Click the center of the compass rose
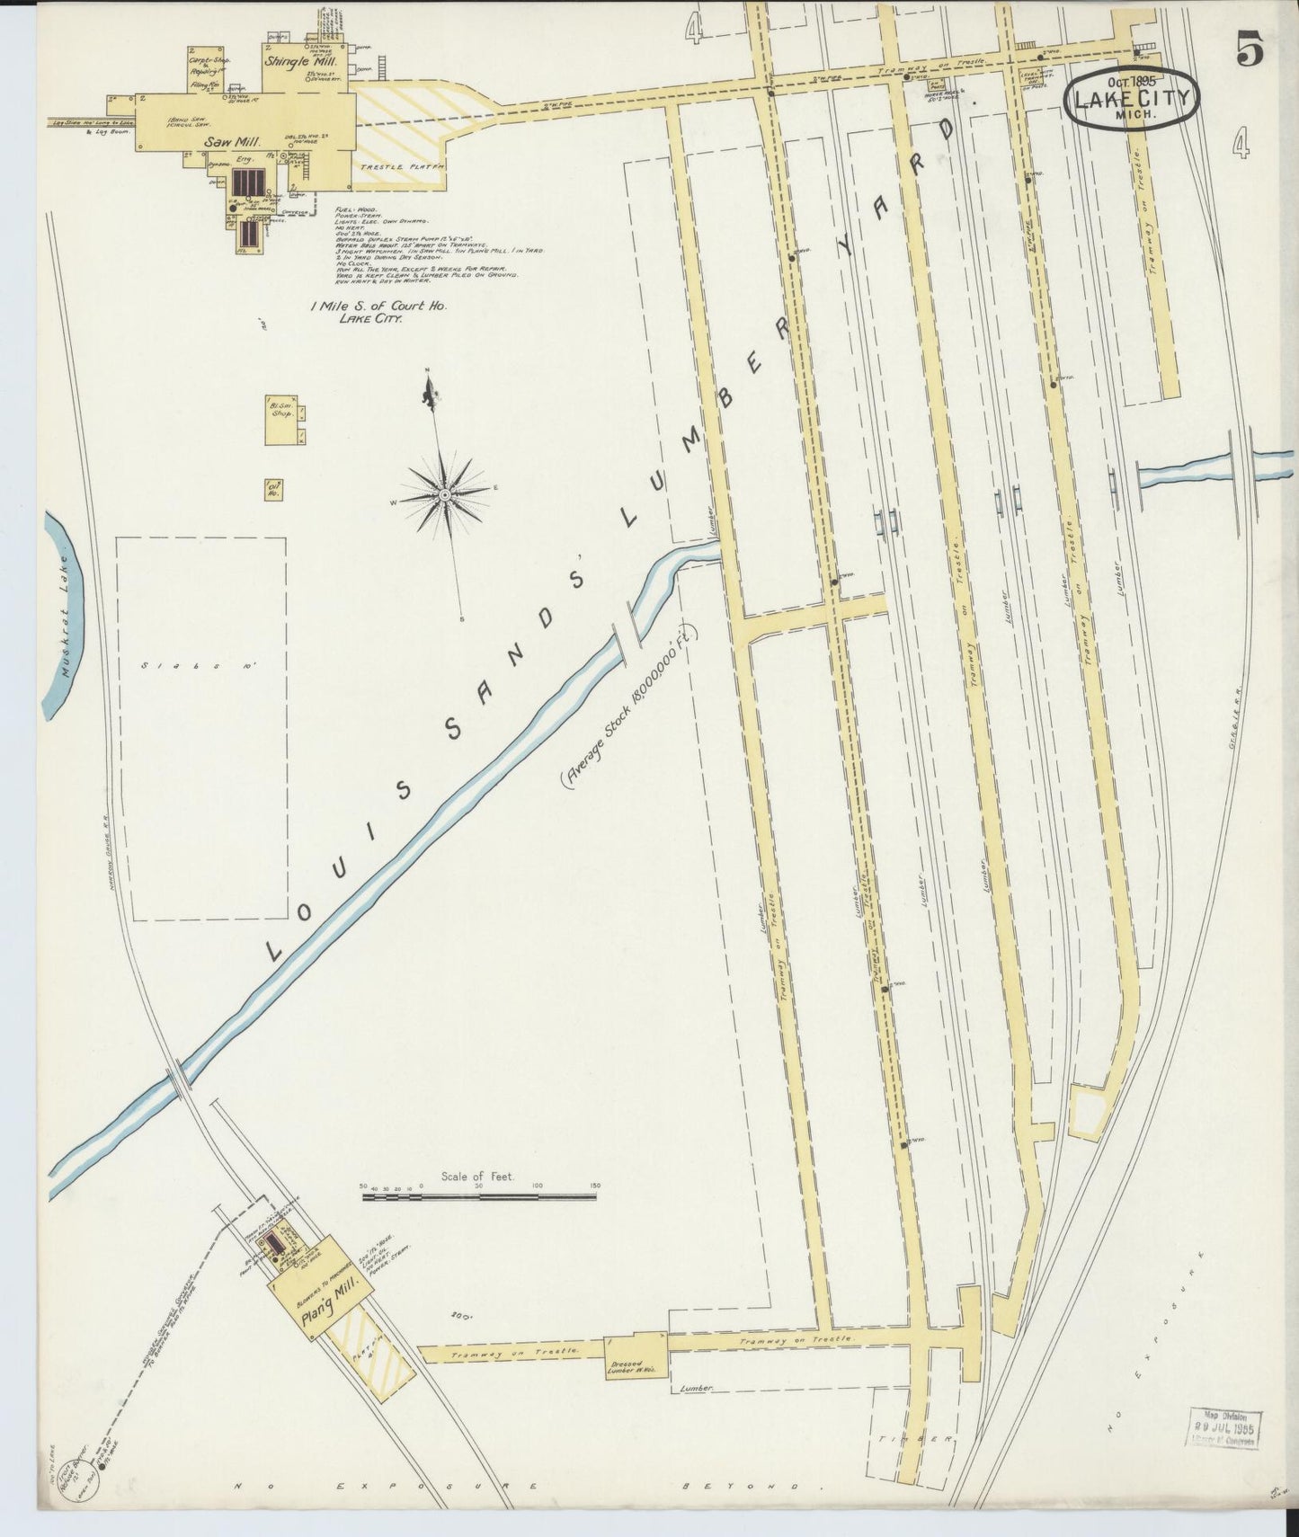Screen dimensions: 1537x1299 pyautogui.click(x=445, y=494)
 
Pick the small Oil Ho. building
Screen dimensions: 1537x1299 pyautogui.click(x=273, y=489)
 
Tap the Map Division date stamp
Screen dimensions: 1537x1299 pyautogui.click(x=1227, y=1427)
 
